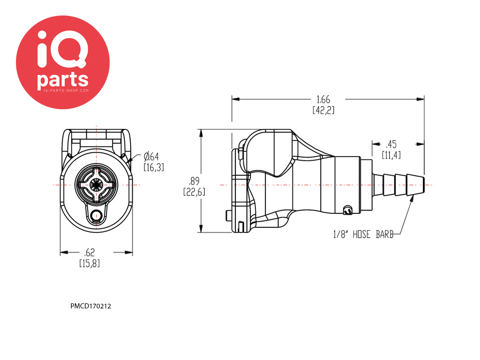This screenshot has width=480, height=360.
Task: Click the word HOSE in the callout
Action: click(x=361, y=234)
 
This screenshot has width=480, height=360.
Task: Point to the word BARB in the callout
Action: click(x=384, y=234)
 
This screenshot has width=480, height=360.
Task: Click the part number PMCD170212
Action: click(x=90, y=306)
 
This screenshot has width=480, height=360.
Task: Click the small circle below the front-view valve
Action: click(x=97, y=215)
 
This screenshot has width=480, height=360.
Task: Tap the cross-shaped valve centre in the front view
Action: click(x=96, y=185)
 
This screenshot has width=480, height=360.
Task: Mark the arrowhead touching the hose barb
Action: click(x=411, y=199)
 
